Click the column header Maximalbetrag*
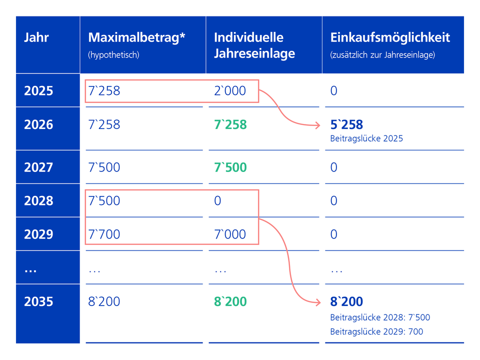click(x=137, y=37)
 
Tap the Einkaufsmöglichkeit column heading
click(x=390, y=37)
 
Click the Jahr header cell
click(x=36, y=37)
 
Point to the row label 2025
click(x=38, y=91)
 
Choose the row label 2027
click(x=38, y=167)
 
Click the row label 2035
click(x=38, y=301)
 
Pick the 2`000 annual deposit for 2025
click(x=230, y=91)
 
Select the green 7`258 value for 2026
click(x=230, y=124)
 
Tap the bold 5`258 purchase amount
click(x=346, y=124)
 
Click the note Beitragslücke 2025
click(x=366, y=138)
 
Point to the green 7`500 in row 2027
click(x=230, y=167)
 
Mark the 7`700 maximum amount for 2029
click(x=104, y=234)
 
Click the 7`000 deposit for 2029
click(x=230, y=234)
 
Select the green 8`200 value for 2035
click(x=230, y=301)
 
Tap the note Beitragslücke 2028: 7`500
click(x=380, y=317)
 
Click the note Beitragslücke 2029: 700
click(x=376, y=331)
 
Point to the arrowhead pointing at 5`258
click(x=317, y=125)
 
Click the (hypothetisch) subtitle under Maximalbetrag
click(x=113, y=55)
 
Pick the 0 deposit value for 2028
click(x=217, y=200)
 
